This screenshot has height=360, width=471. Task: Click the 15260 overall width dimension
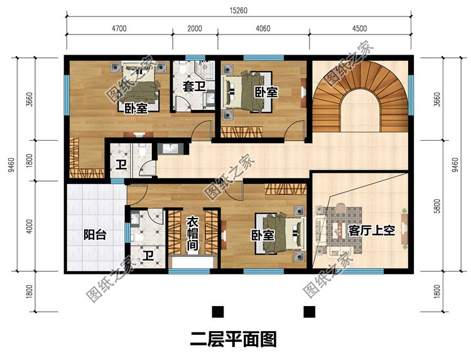[x=239, y=11]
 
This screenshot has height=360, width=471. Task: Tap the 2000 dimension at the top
[x=195, y=28]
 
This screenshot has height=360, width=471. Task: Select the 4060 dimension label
[x=263, y=28]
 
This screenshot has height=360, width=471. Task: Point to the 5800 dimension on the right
[x=438, y=206]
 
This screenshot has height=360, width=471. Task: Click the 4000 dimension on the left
[x=29, y=226]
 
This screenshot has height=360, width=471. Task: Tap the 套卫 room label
[x=194, y=87]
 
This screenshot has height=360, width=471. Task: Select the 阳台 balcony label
[x=95, y=235]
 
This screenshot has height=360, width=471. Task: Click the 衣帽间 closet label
[x=192, y=234]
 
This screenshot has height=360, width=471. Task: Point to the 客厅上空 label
[x=372, y=231]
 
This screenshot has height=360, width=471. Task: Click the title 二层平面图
[x=234, y=339]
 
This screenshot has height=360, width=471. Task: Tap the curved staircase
[x=360, y=97]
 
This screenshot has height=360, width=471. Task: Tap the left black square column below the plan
[x=218, y=312]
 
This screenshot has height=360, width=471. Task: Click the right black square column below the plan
[x=309, y=312]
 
